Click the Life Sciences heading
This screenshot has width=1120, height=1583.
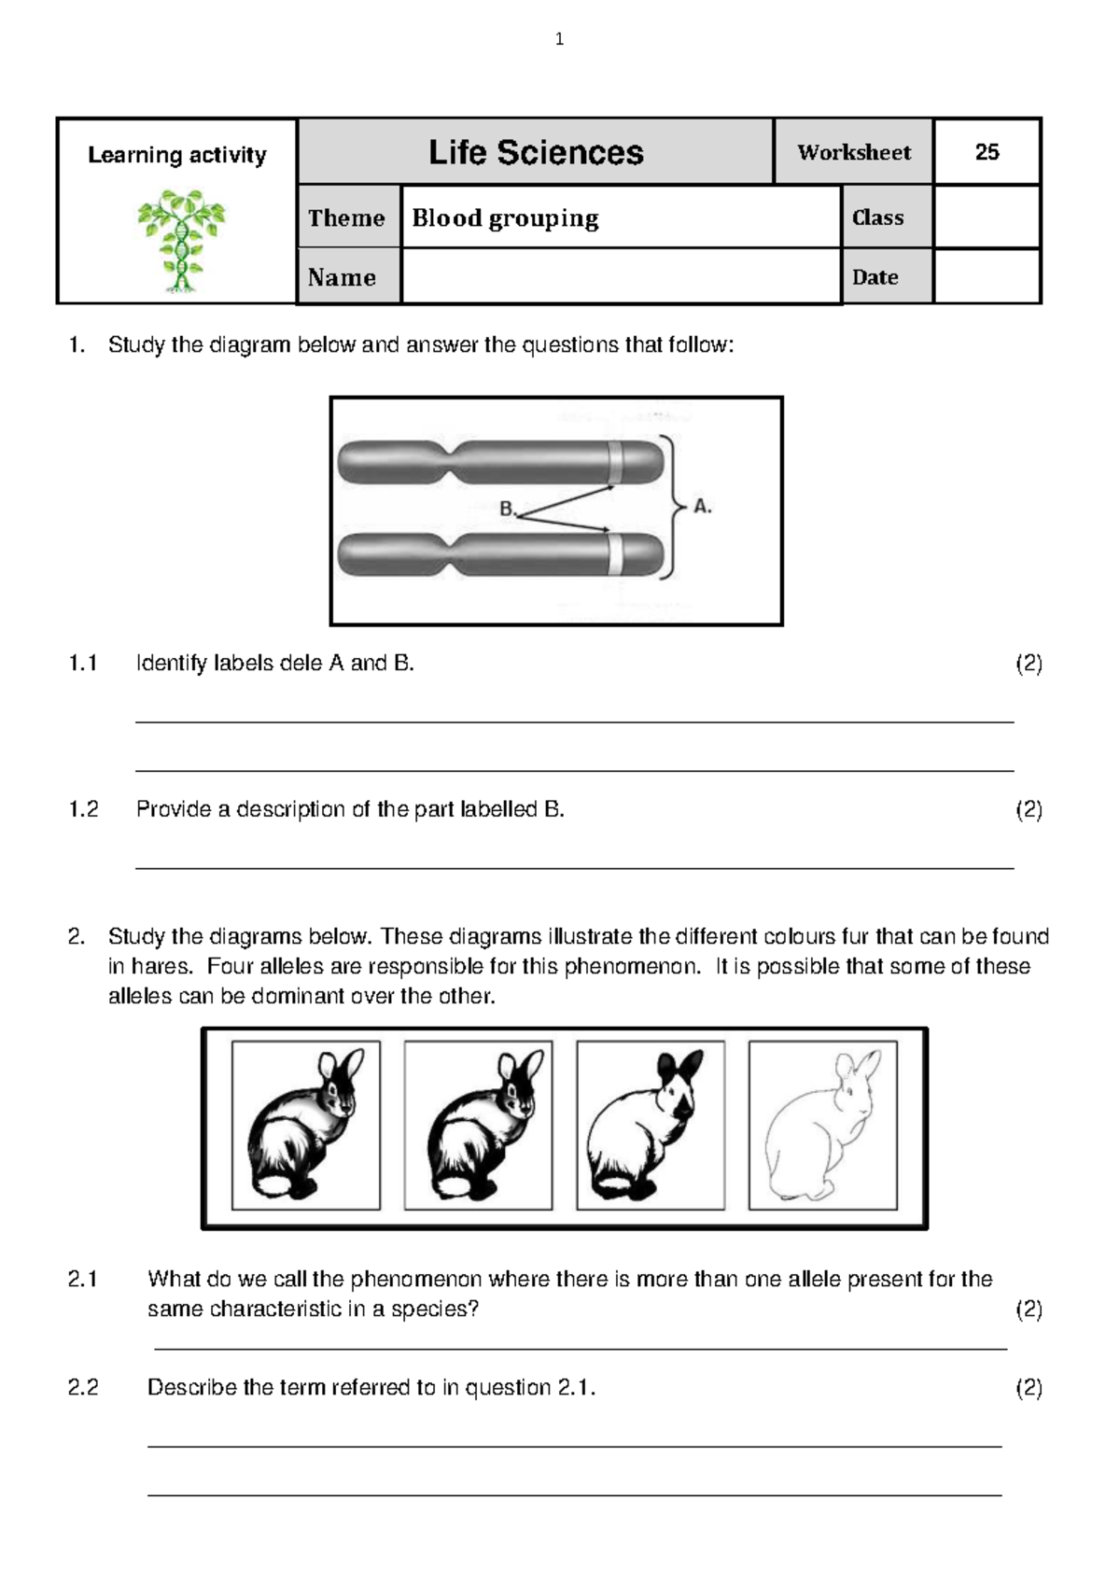[x=535, y=152]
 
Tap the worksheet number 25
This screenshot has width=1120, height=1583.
[x=987, y=152]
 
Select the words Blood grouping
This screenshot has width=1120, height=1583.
[x=505, y=218]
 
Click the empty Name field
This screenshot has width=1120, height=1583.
[x=620, y=277]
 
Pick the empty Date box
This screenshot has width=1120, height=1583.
[x=987, y=277]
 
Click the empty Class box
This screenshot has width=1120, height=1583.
[x=987, y=217]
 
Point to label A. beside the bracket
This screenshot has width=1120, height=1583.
[x=702, y=507]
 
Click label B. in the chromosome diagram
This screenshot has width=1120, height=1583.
[x=507, y=510]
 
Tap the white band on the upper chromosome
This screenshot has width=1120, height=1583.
[x=615, y=462]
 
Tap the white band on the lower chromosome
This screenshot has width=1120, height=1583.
[x=615, y=554]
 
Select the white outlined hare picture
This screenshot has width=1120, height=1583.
[x=823, y=1125]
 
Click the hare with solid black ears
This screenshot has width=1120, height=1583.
[x=651, y=1125]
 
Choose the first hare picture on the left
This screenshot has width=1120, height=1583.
[x=306, y=1125]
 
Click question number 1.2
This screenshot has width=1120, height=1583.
[x=83, y=809]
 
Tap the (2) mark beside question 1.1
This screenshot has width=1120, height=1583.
[x=1029, y=664]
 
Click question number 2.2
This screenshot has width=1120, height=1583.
[x=83, y=1387]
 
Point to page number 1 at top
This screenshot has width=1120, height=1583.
[x=559, y=39]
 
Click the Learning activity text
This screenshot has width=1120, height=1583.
[x=177, y=155]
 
